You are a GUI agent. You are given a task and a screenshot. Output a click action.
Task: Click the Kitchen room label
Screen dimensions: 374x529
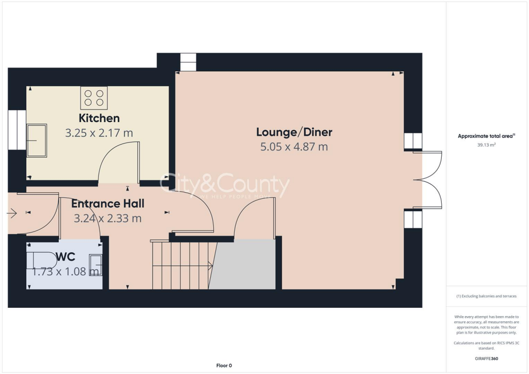[99, 118]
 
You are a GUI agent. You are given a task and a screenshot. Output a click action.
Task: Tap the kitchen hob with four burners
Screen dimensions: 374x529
[94, 98]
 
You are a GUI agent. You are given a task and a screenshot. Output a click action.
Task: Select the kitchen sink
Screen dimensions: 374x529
[37, 140]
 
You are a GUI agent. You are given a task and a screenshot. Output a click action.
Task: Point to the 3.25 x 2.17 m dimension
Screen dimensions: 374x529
[99, 133]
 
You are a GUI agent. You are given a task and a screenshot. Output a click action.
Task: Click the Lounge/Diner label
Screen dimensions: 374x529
[294, 132]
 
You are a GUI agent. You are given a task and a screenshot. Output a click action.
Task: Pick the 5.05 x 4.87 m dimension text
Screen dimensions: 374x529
[294, 147]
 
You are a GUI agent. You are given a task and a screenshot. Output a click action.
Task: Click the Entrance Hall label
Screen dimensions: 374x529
[107, 204]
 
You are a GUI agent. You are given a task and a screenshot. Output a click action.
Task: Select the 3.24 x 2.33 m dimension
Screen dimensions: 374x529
[107, 219]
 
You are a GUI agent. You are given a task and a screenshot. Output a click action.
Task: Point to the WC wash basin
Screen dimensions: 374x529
[96, 264]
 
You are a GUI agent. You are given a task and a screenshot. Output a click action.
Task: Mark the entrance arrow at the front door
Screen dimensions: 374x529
[12, 212]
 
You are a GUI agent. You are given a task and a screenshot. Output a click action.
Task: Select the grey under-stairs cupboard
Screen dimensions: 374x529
[243, 264]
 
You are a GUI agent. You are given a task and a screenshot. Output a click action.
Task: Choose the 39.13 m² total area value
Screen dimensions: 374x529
[486, 145]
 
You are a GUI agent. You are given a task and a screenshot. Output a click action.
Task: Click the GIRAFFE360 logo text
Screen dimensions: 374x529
[486, 359]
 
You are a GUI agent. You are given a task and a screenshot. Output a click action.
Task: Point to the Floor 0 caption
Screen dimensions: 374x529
[224, 366]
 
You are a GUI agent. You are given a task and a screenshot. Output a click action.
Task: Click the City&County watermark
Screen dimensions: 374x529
[225, 185]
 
